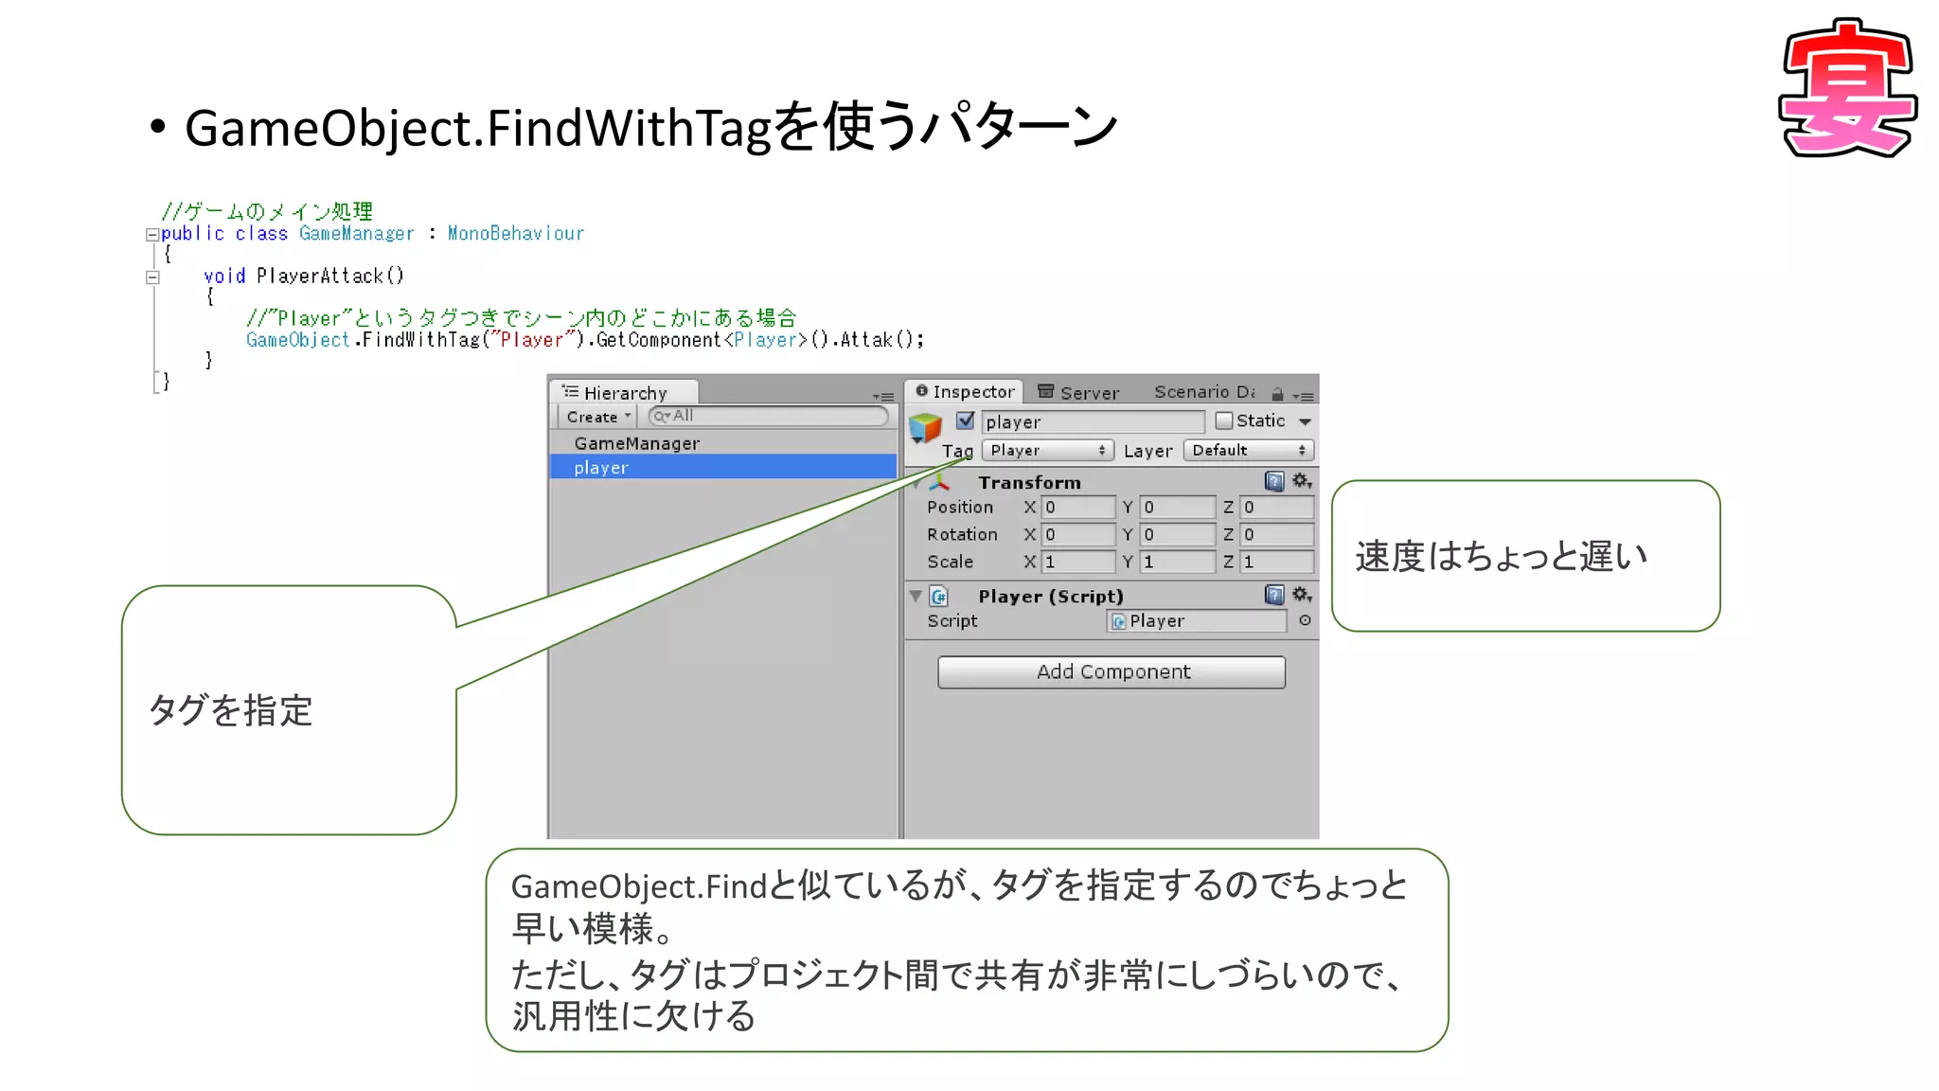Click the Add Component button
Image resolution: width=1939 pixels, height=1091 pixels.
(x=1112, y=672)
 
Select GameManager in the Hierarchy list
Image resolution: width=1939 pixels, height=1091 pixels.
(x=636, y=443)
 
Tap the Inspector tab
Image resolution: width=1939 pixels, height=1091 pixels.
(x=965, y=392)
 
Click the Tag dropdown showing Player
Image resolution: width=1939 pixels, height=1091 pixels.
(x=1047, y=451)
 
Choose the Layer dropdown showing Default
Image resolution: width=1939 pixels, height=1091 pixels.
(x=1248, y=451)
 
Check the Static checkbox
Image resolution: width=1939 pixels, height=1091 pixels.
(x=1223, y=420)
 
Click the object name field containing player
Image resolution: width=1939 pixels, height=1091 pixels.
(x=1092, y=422)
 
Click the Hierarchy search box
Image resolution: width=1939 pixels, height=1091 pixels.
(x=769, y=416)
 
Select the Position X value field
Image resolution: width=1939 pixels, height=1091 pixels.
(x=1077, y=508)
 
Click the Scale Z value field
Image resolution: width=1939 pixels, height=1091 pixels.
(x=1276, y=563)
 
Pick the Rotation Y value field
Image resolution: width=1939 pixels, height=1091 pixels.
(x=1177, y=535)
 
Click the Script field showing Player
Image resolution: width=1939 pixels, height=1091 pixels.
(x=1197, y=621)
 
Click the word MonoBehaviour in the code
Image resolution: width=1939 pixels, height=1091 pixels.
(x=516, y=233)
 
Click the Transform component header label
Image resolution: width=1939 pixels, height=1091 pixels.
(x=1029, y=482)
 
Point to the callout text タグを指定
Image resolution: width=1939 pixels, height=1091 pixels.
(x=231, y=710)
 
